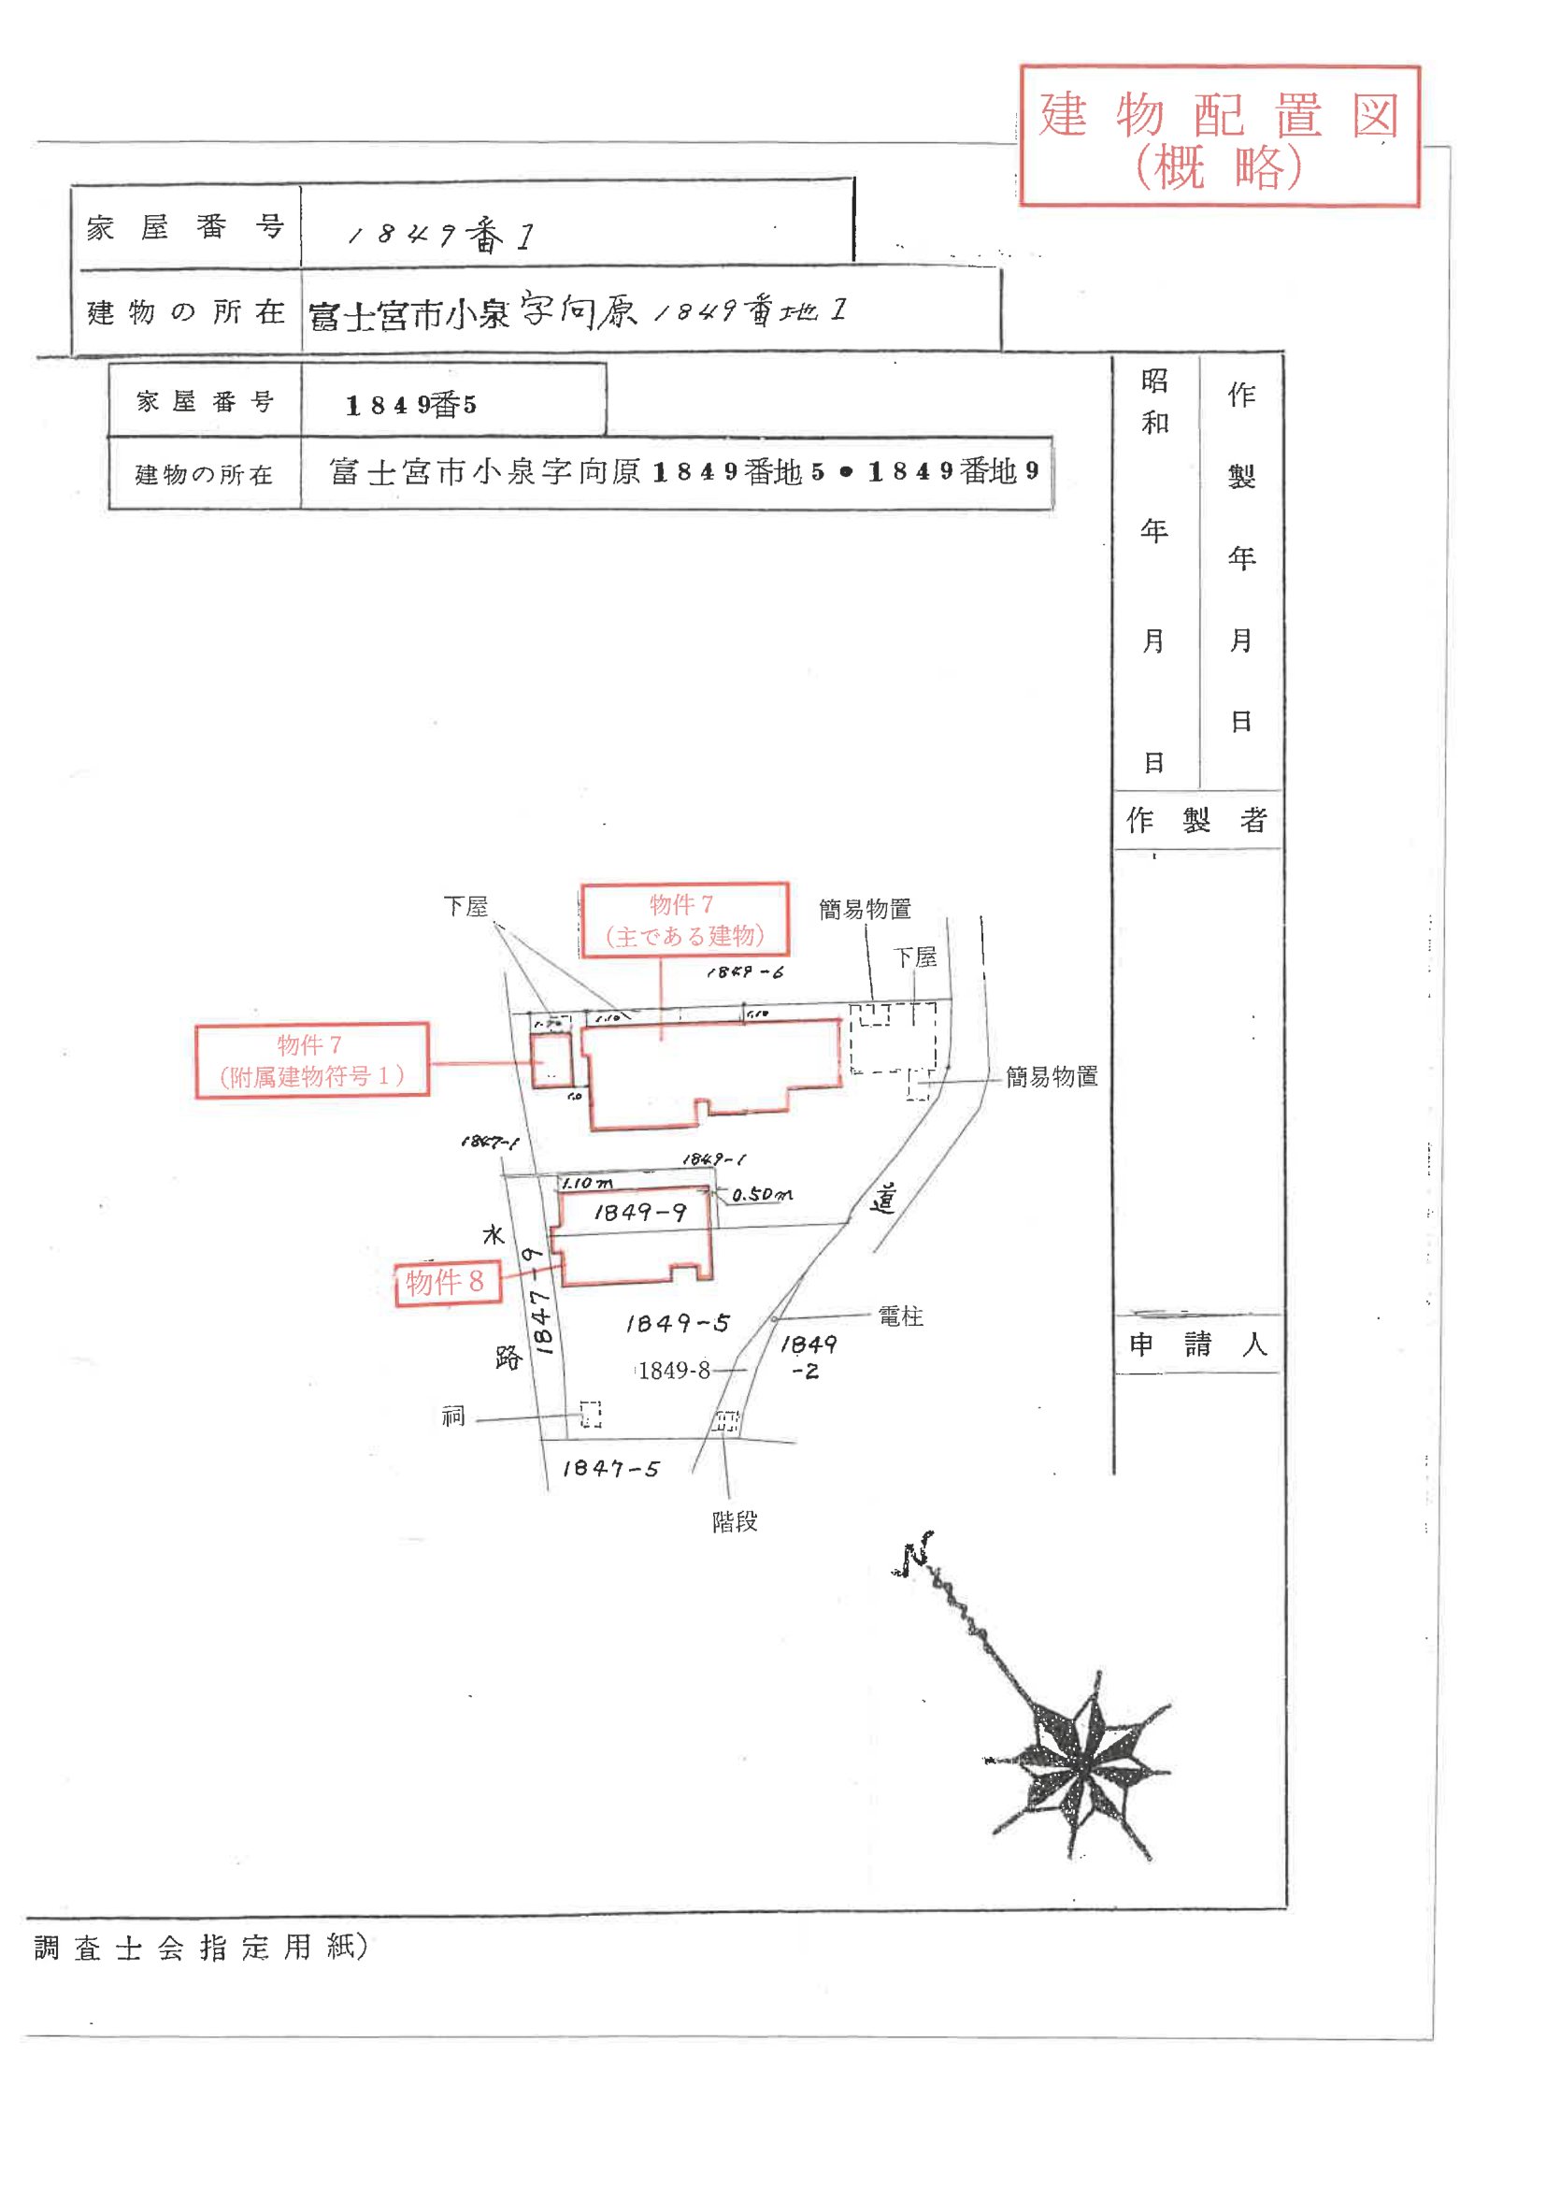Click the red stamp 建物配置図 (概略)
pos(1219,137)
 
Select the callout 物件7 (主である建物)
pos(683,920)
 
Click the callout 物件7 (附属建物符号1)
pos(311,1059)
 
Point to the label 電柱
pos(899,1316)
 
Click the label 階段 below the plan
pos(734,1521)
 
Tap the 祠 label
pos(453,1417)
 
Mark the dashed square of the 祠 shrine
pos(590,1414)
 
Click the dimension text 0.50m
pos(762,1194)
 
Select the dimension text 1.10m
pos(587,1183)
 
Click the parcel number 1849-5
pos(677,1323)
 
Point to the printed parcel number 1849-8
pos(674,1370)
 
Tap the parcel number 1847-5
pos(610,1469)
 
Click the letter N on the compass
pos(915,1554)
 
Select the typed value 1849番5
pos(411,406)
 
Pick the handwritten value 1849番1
pos(441,236)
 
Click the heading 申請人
pos(1197,1345)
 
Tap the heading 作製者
pos(1196,820)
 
